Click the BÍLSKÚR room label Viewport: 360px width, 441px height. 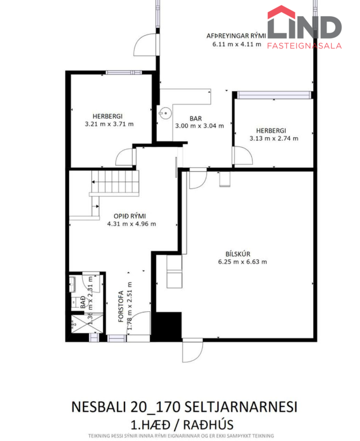tap(238, 254)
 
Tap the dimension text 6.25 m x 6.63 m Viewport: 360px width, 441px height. tap(242, 262)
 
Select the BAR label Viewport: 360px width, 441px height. tap(196, 119)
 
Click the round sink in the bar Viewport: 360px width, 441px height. tap(165, 113)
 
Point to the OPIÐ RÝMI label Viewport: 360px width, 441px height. tap(130, 216)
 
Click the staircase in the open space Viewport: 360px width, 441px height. tap(115, 183)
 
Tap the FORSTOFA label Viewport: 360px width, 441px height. tap(121, 306)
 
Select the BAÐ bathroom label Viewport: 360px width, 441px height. tap(83, 302)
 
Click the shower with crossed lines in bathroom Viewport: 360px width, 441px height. tap(87, 324)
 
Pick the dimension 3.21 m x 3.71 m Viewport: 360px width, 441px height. tap(109, 124)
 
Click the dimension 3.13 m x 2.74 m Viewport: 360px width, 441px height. tap(274, 138)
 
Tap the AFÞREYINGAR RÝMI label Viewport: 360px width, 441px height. tap(236, 36)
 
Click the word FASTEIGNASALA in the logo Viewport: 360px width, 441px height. tap(304, 46)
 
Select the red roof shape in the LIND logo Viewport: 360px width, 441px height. tap(281, 13)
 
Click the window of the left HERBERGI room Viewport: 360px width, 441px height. tap(124, 73)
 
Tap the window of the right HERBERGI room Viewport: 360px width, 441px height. tap(274, 95)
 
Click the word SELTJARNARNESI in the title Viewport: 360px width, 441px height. tap(241, 407)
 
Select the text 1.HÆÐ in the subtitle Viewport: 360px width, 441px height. tap(151, 425)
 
